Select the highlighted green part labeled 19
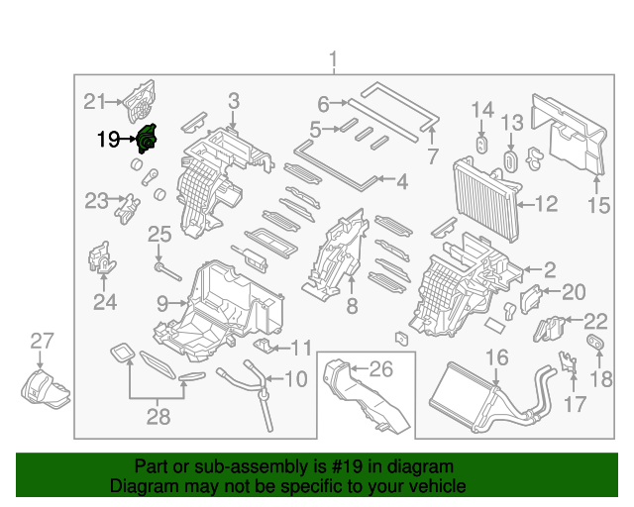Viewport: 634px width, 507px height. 147,140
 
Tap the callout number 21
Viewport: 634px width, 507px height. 93,101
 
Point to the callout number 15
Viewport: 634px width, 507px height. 598,206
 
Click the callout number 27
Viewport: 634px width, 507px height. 41,342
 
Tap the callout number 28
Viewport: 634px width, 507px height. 158,417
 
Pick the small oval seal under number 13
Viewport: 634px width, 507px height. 511,161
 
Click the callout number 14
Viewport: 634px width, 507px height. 481,109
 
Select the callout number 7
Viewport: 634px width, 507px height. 432,156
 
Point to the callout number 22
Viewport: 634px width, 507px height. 594,320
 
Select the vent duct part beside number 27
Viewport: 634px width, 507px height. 46,386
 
